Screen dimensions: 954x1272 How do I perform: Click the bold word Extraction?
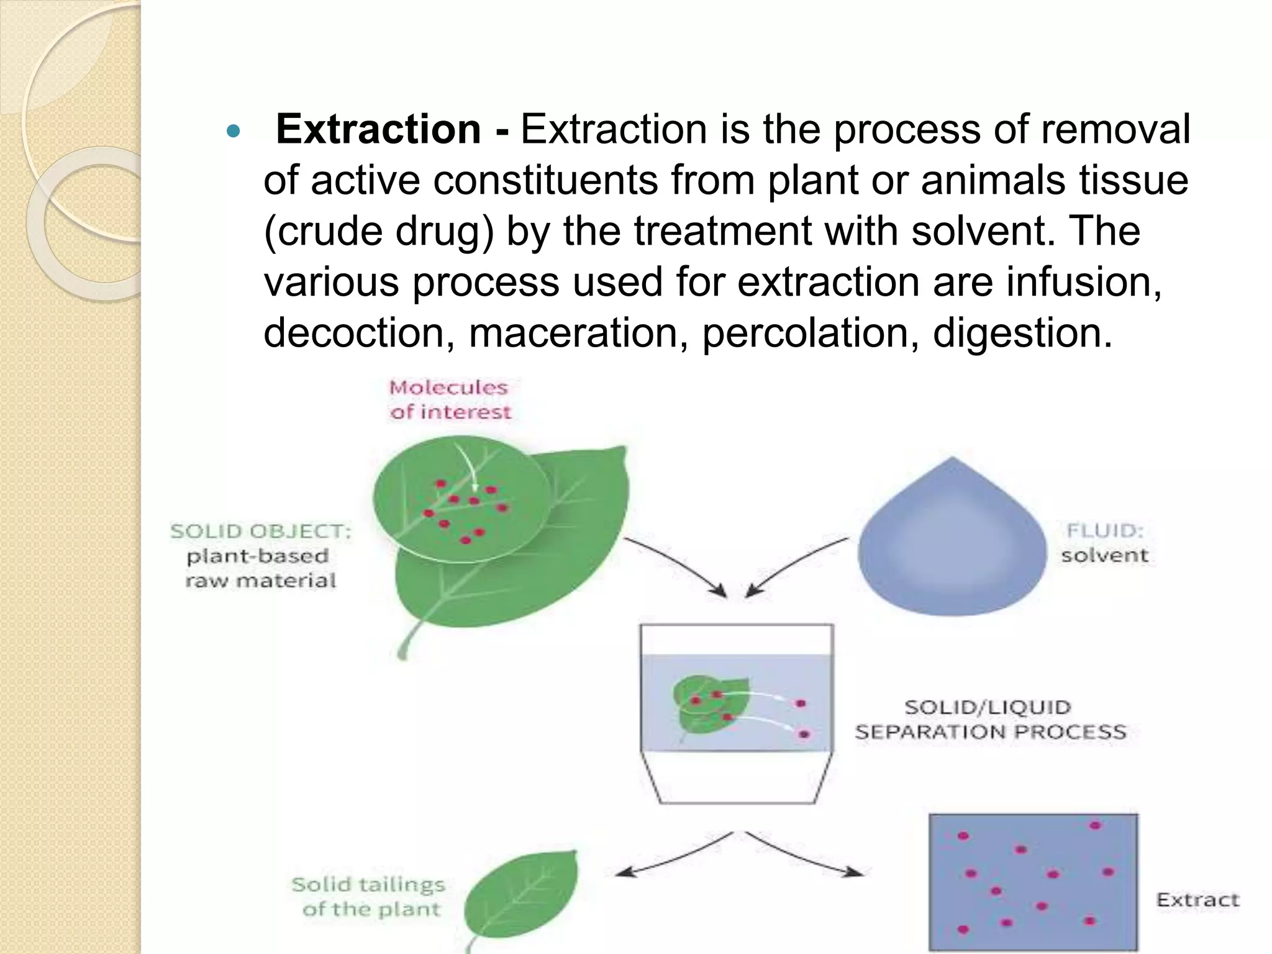click(x=378, y=129)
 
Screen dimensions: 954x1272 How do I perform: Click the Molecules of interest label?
click(x=450, y=399)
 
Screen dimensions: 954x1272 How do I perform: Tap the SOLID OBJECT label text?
click(x=261, y=532)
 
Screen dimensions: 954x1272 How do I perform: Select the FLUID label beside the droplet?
click(x=1105, y=530)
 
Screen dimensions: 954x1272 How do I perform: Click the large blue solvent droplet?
click(x=952, y=547)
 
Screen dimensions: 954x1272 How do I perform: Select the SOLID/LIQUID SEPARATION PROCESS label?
click(x=990, y=719)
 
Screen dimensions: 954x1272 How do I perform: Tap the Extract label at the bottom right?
click(x=1197, y=900)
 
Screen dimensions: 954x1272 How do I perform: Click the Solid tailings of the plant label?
click(x=369, y=896)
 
